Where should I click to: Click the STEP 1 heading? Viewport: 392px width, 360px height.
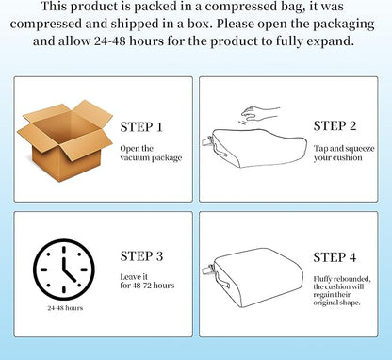[x=141, y=127]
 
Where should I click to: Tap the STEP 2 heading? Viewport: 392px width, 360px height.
[x=335, y=126]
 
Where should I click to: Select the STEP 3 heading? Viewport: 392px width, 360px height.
[x=141, y=256]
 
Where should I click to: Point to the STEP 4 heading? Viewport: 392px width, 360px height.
[x=335, y=257]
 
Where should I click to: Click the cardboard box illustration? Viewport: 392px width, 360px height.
[x=65, y=140]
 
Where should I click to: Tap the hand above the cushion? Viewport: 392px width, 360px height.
[x=259, y=114]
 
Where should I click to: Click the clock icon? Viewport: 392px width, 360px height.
[x=64, y=270]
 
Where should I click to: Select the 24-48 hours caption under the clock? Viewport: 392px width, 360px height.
[x=65, y=308]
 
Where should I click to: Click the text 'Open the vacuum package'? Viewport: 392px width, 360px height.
[x=151, y=153]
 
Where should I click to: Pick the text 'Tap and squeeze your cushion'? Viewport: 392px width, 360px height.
[x=344, y=153]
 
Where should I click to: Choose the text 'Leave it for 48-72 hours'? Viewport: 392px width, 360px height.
[x=147, y=281]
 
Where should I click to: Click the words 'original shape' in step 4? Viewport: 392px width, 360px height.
[x=336, y=303]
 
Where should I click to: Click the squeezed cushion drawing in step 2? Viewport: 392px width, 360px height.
[x=254, y=148]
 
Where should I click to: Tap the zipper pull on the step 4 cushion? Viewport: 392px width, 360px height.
[x=206, y=270]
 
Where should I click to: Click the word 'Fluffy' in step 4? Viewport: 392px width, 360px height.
[x=322, y=279]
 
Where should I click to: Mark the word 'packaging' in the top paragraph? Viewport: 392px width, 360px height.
[x=343, y=25]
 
